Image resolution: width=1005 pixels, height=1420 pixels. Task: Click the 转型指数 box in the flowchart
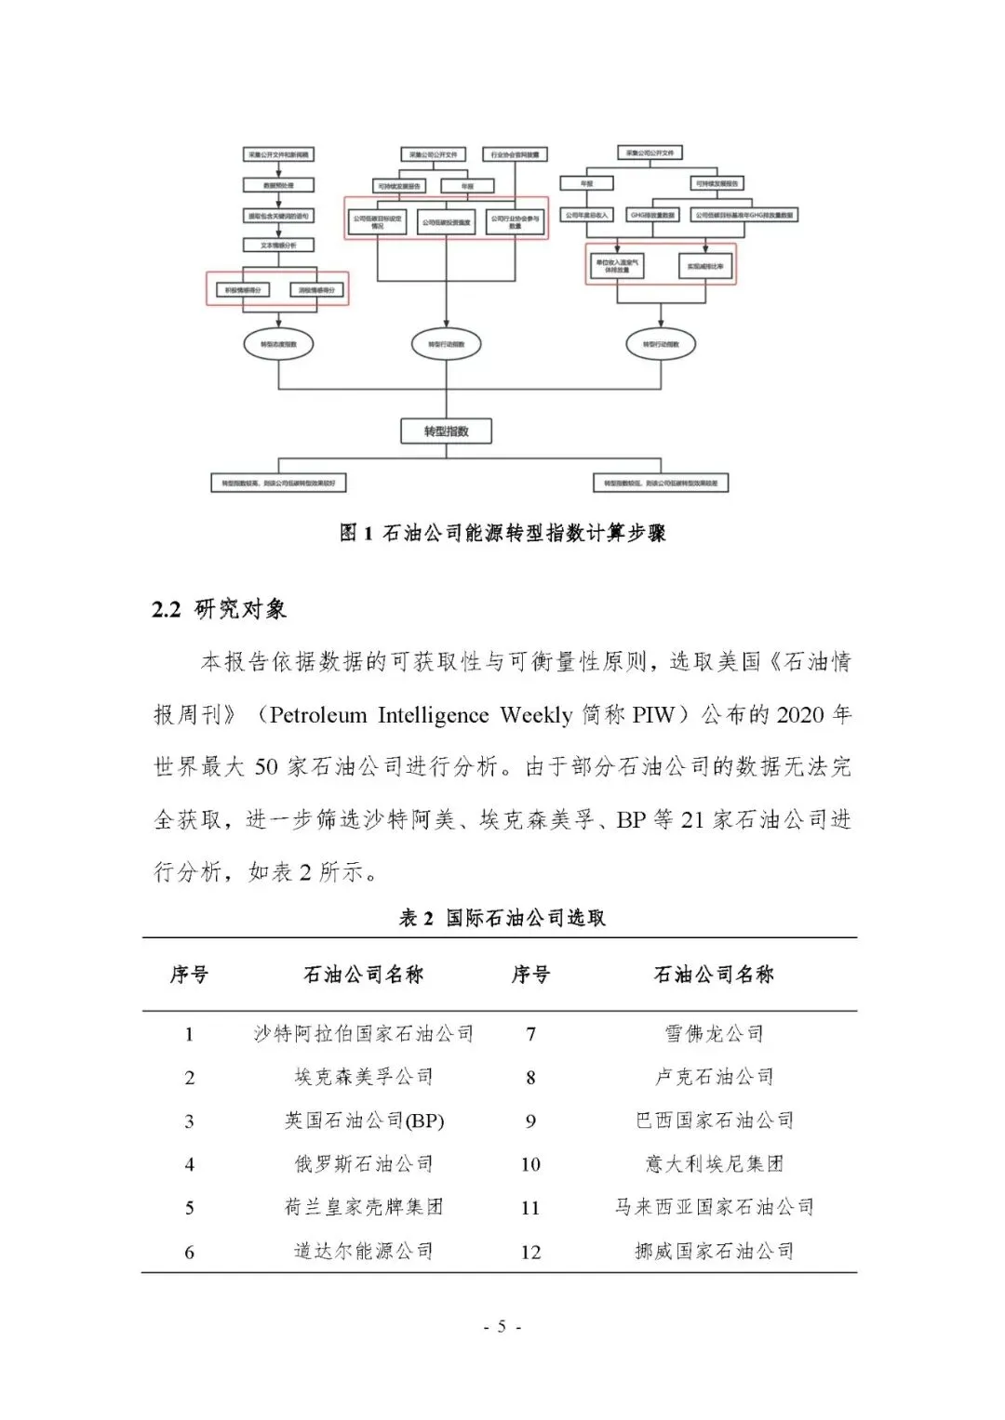click(446, 431)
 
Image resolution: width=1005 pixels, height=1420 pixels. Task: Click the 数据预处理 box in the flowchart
click(278, 185)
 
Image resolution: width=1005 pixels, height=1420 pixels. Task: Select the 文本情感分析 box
click(278, 246)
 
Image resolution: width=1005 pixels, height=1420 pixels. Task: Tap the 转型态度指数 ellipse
click(277, 344)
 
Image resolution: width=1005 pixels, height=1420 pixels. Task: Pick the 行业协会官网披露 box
click(514, 154)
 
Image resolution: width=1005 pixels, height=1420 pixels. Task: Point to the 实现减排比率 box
click(706, 266)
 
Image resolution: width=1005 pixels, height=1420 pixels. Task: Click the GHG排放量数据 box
click(653, 215)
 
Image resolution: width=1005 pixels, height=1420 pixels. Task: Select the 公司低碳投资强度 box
click(447, 222)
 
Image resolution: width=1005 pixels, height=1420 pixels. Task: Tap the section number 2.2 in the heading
click(167, 610)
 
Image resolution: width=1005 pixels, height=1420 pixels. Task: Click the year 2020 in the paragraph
click(799, 715)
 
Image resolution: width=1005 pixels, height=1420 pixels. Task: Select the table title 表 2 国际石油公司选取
click(502, 918)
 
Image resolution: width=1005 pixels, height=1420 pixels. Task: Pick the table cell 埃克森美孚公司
click(364, 1077)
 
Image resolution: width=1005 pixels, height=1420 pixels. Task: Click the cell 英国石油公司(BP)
click(364, 1121)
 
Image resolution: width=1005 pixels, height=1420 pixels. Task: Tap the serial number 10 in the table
click(530, 1164)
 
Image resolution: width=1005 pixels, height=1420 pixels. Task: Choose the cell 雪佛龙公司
click(714, 1033)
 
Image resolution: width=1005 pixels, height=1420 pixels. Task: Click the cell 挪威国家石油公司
click(714, 1252)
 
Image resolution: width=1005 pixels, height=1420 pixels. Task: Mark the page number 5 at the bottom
click(502, 1327)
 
